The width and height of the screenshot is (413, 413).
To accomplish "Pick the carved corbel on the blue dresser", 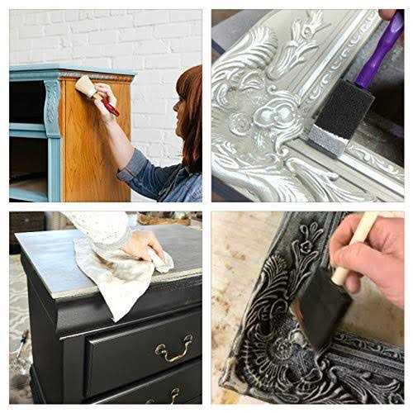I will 51,107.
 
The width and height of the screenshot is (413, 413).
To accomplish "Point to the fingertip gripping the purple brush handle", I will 387,15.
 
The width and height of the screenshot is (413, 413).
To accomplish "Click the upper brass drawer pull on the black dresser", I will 174,350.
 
